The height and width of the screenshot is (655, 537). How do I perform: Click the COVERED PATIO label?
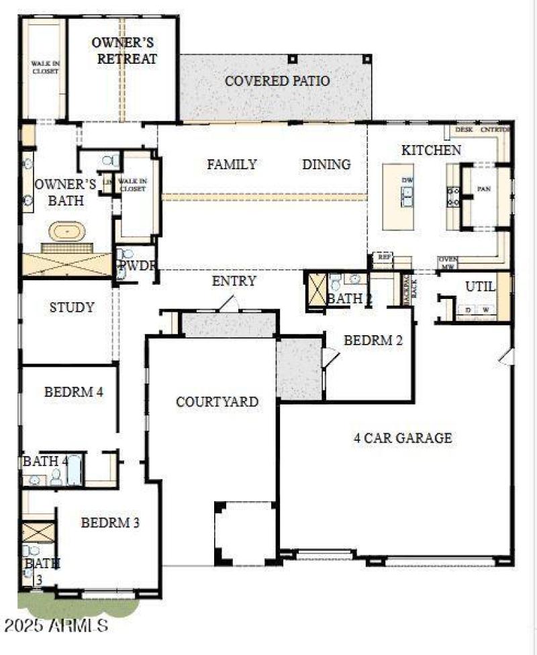pyautogui.click(x=277, y=81)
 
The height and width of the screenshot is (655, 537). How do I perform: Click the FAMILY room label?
pyautogui.click(x=232, y=164)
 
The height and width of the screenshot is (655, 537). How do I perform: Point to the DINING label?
pyautogui.click(x=326, y=164)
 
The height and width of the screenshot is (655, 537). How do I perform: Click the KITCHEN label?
pyautogui.click(x=431, y=150)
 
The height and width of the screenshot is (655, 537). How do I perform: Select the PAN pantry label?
pyautogui.click(x=484, y=189)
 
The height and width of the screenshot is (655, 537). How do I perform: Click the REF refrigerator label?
pyautogui.click(x=384, y=257)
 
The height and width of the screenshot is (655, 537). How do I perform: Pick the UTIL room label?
pyautogui.click(x=481, y=287)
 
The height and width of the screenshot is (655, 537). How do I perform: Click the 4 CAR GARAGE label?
pyautogui.click(x=403, y=438)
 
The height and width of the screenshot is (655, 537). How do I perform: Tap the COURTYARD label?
pyautogui.click(x=217, y=402)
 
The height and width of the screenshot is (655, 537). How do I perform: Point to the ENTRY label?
pyautogui.click(x=234, y=281)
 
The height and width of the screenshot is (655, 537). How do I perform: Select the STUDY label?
pyautogui.click(x=72, y=308)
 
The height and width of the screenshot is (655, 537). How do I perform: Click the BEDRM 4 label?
pyautogui.click(x=73, y=392)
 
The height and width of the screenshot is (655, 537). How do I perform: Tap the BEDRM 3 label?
pyautogui.click(x=110, y=522)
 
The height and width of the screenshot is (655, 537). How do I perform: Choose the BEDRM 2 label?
pyautogui.click(x=373, y=341)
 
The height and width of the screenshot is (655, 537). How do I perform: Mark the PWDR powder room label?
pyautogui.click(x=138, y=265)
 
